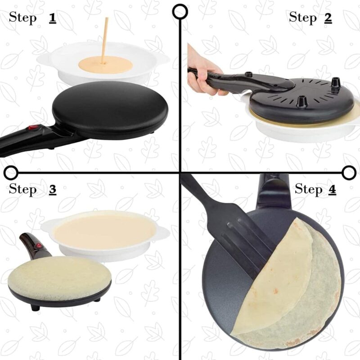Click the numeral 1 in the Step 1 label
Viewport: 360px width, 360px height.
tap(53, 18)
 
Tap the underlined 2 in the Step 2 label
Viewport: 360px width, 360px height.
tap(327, 18)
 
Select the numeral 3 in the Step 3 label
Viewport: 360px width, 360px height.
tap(53, 189)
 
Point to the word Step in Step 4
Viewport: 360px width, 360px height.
tap(308, 189)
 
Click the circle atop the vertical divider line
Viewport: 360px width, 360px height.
tap(180, 12)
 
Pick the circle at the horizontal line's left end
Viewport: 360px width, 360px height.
tap(11, 172)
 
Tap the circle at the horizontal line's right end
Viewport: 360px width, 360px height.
tap(349, 172)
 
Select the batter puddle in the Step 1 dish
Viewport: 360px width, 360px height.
tap(104, 66)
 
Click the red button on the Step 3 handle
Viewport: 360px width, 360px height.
tap(39, 246)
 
